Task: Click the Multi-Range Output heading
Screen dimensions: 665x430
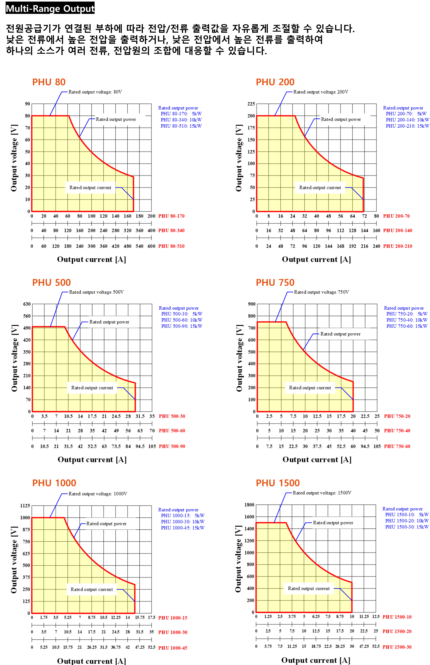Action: click(50, 9)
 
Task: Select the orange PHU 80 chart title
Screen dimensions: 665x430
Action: click(49, 82)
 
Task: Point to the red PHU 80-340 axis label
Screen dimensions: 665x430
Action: click(171, 230)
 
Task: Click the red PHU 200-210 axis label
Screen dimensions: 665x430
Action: click(397, 246)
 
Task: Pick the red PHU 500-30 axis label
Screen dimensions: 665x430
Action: click(172, 416)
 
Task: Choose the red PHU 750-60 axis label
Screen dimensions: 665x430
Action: click(397, 446)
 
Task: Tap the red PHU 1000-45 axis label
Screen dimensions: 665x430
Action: click(173, 648)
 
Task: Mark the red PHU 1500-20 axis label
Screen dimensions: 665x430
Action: click(397, 631)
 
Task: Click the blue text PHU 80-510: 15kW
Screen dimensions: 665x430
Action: click(181, 126)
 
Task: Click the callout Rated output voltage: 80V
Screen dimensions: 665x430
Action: click(95, 92)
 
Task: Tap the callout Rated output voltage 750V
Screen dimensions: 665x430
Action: click(321, 292)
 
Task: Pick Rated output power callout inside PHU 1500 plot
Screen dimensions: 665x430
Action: click(333, 523)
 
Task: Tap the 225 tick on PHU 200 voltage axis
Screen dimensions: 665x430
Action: click(251, 104)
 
